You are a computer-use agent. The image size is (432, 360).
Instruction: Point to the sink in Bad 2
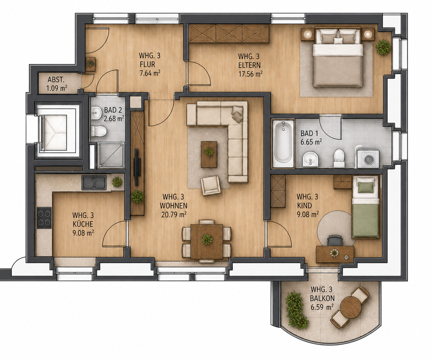[x=96, y=113]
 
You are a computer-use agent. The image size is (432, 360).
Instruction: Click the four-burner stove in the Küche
[x=44, y=218]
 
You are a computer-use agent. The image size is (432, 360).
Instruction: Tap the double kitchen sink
[x=94, y=182]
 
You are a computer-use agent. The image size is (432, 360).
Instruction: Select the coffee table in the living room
[x=209, y=154]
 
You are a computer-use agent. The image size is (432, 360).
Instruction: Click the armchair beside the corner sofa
[x=210, y=186]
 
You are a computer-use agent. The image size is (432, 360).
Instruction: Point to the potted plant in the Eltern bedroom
[x=383, y=47]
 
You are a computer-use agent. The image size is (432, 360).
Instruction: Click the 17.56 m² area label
[x=250, y=74]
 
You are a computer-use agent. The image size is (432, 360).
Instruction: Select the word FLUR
[x=147, y=64]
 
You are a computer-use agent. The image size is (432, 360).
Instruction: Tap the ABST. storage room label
[x=56, y=80]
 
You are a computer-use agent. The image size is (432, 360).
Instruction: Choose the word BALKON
[x=322, y=298]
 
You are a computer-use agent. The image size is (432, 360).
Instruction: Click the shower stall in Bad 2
[x=111, y=156]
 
